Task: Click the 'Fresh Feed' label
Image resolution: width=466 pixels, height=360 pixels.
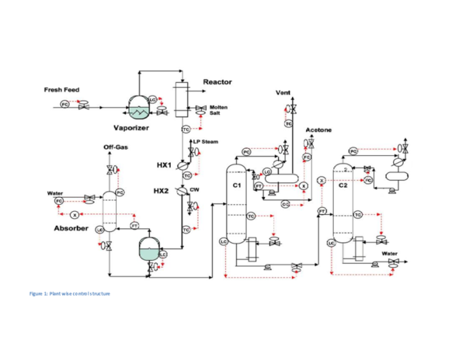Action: [x=61, y=90]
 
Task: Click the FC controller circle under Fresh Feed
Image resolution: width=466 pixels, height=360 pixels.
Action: [x=64, y=104]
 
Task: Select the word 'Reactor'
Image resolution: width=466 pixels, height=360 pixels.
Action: [x=217, y=81]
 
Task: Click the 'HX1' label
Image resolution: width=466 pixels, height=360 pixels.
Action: [x=164, y=164]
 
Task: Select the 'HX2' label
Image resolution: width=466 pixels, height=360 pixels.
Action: [x=162, y=191]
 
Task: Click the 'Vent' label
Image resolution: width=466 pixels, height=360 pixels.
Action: [x=283, y=93]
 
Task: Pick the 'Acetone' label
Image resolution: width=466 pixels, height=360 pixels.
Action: [x=318, y=130]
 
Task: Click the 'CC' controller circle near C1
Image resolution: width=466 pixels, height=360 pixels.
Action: [x=285, y=203]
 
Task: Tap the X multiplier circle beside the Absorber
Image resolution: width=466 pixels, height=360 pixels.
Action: [x=74, y=214]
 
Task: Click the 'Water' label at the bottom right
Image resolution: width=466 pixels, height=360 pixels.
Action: [x=389, y=254]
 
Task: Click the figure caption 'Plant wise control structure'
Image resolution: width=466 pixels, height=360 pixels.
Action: [x=69, y=294]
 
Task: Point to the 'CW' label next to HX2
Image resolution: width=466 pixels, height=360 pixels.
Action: [x=206, y=189]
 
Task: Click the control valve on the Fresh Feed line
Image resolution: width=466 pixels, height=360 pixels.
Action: [x=84, y=105]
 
